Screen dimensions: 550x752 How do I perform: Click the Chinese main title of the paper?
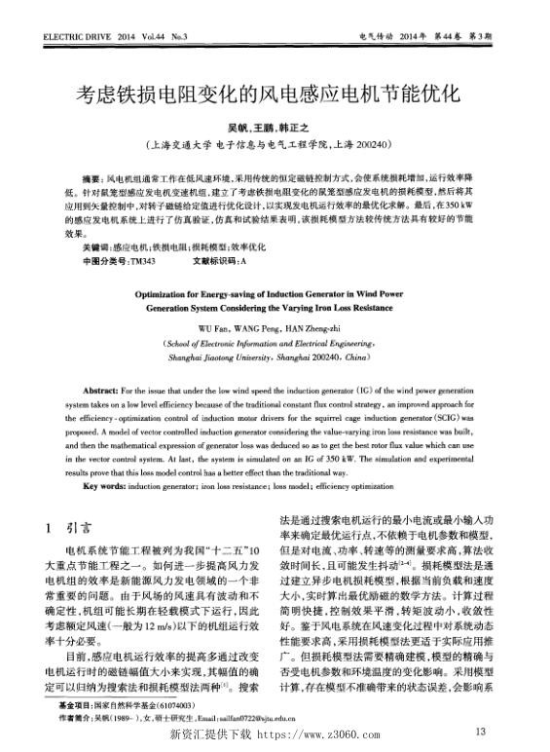click(x=275, y=94)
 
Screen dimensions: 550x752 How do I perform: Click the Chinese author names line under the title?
click(x=274, y=127)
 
